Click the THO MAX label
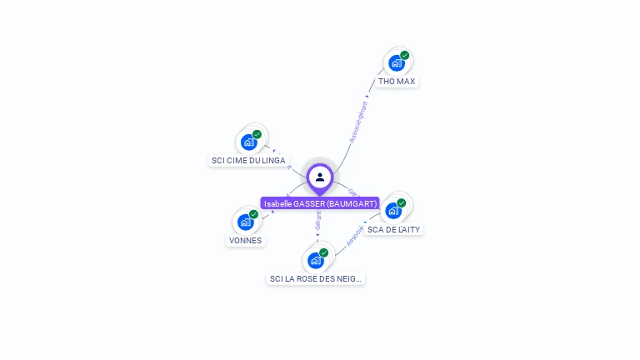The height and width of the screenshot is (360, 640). [396, 82]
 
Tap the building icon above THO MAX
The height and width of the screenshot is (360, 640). [396, 62]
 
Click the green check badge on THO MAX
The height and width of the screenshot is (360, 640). [404, 56]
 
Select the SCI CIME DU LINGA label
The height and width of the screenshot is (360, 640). [248, 160]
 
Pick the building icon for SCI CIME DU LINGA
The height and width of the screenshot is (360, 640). [248, 142]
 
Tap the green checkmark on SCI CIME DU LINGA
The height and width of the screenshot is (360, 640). [257, 134]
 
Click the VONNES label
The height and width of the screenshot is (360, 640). [245, 240]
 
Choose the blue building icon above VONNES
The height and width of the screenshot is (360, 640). [245, 222]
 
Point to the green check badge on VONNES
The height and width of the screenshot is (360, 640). [253, 214]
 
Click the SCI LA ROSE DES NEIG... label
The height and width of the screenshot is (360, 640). [316, 278]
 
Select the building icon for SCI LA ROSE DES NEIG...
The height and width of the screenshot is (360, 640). [315, 260]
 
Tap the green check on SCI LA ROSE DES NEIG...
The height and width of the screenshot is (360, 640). [323, 252]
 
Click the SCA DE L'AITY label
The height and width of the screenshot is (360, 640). [394, 229]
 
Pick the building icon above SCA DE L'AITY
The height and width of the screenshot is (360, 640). [393, 211]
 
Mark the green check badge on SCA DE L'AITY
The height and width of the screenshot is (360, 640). [401, 203]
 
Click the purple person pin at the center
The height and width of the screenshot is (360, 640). [320, 177]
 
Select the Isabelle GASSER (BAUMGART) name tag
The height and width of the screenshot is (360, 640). [320, 203]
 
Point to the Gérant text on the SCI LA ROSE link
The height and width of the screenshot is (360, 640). [317, 219]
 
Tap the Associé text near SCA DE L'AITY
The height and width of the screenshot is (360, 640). [354, 235]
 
